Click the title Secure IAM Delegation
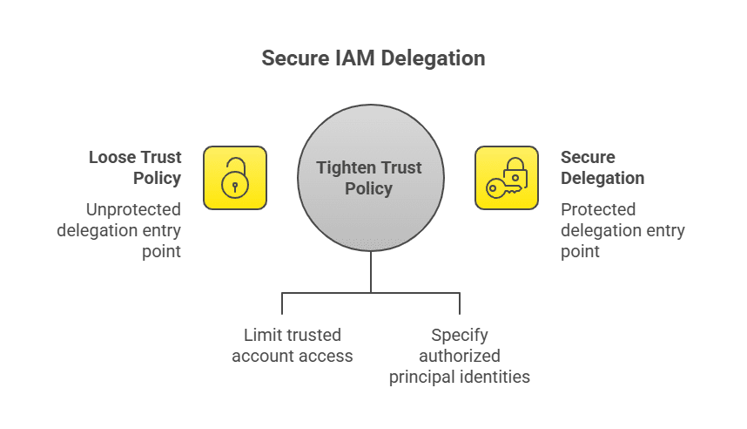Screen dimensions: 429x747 point(373,59)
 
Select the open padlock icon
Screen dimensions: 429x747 point(234,178)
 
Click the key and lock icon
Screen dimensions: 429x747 point(507,178)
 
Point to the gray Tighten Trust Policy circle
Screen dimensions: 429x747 point(371,209)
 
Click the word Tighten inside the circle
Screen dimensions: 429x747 point(347,167)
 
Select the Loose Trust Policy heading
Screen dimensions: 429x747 point(135,167)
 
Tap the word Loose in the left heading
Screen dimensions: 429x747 point(112,157)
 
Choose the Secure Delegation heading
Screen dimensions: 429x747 point(602,167)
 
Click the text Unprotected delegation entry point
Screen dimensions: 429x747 point(120,230)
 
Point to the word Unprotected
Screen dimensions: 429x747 point(133,209)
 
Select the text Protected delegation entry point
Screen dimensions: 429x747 point(622,230)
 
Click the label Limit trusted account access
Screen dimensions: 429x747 point(292,345)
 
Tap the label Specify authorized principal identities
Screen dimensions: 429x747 point(459,356)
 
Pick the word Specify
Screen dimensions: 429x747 point(460,335)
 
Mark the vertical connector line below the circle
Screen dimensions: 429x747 point(371,272)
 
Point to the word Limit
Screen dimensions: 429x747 point(260,335)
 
